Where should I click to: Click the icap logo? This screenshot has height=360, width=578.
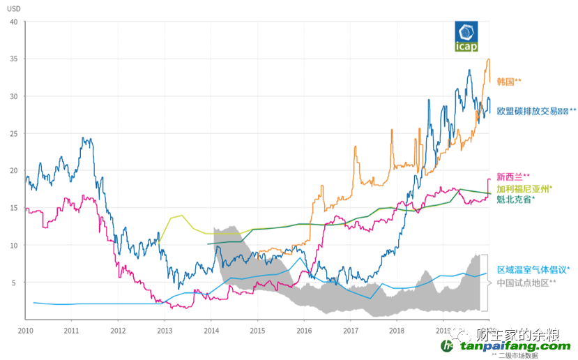point(466,36)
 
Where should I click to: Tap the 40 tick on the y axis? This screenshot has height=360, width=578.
point(13,22)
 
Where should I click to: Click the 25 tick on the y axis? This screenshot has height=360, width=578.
point(13,133)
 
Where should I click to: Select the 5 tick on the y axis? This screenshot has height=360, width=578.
point(15,283)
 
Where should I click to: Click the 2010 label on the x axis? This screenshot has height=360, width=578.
point(25,330)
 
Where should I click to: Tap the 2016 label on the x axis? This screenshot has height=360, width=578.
point(303,330)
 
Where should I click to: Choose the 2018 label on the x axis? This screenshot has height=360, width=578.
point(396,330)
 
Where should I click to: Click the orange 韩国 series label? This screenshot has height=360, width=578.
point(508,82)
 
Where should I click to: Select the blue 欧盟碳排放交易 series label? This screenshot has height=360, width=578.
point(536,111)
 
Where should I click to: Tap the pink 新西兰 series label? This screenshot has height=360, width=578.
point(513,177)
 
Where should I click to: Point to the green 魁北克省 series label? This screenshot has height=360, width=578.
point(516,200)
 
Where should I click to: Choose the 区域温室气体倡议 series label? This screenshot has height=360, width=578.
point(533,270)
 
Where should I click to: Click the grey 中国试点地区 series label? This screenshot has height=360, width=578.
point(526,283)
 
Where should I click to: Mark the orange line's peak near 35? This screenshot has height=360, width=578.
point(487,59)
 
